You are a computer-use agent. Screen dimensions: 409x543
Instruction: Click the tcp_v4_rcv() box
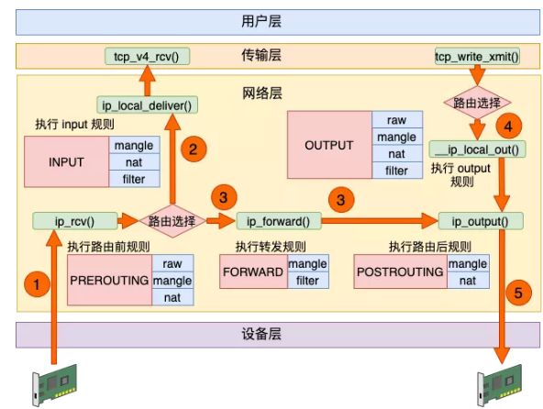[x=147, y=57]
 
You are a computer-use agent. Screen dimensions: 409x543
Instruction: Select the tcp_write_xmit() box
[x=476, y=57]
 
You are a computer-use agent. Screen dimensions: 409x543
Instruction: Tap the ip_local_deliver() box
[x=147, y=105]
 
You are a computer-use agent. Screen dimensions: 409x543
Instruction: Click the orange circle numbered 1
[x=36, y=285]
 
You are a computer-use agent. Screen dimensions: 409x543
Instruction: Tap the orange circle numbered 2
[x=193, y=149]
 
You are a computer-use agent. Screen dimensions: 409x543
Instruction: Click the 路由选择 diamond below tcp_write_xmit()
[x=477, y=103]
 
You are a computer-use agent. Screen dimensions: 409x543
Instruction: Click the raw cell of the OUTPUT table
[x=396, y=120]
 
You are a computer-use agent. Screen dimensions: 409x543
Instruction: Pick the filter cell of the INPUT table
[x=133, y=179]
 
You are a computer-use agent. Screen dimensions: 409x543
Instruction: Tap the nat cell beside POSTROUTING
[x=468, y=281]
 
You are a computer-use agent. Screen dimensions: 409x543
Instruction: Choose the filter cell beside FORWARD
[x=307, y=281]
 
